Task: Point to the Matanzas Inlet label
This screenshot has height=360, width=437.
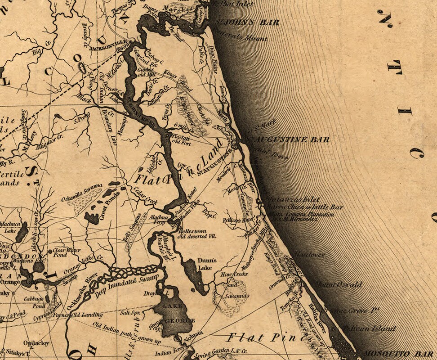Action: pyautogui.click(x=292, y=199)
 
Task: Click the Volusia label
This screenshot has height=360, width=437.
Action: pyautogui.click(x=193, y=333)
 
